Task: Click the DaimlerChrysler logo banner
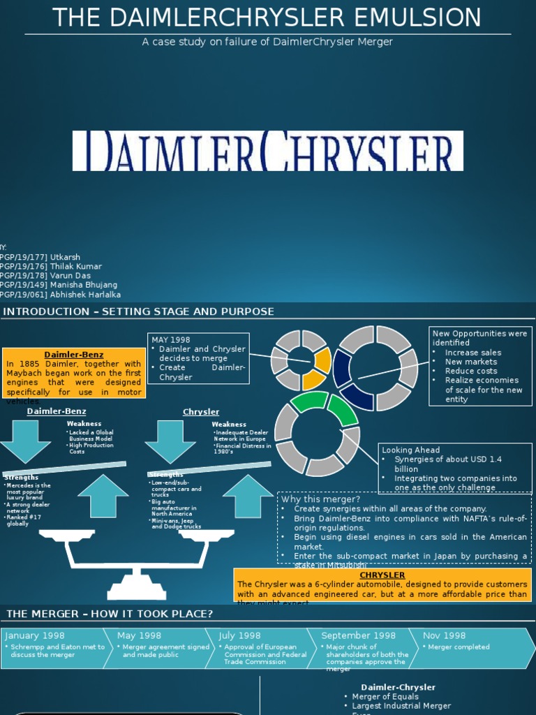click(x=267, y=151)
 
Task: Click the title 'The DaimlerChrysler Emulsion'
click(x=267, y=17)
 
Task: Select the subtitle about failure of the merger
click(x=267, y=42)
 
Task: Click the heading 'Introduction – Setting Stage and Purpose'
click(x=138, y=311)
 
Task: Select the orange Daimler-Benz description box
click(x=74, y=373)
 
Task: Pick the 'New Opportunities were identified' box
click(x=480, y=366)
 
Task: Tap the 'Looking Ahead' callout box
click(x=455, y=469)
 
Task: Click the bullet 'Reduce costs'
click(x=471, y=371)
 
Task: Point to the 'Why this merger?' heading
click(x=320, y=499)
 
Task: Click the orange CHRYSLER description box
click(x=382, y=585)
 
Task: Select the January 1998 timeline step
click(x=54, y=647)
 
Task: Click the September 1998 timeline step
click(x=364, y=647)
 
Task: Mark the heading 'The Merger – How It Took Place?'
click(x=110, y=614)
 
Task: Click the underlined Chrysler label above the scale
click(x=201, y=412)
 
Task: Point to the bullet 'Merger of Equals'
click(x=385, y=697)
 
